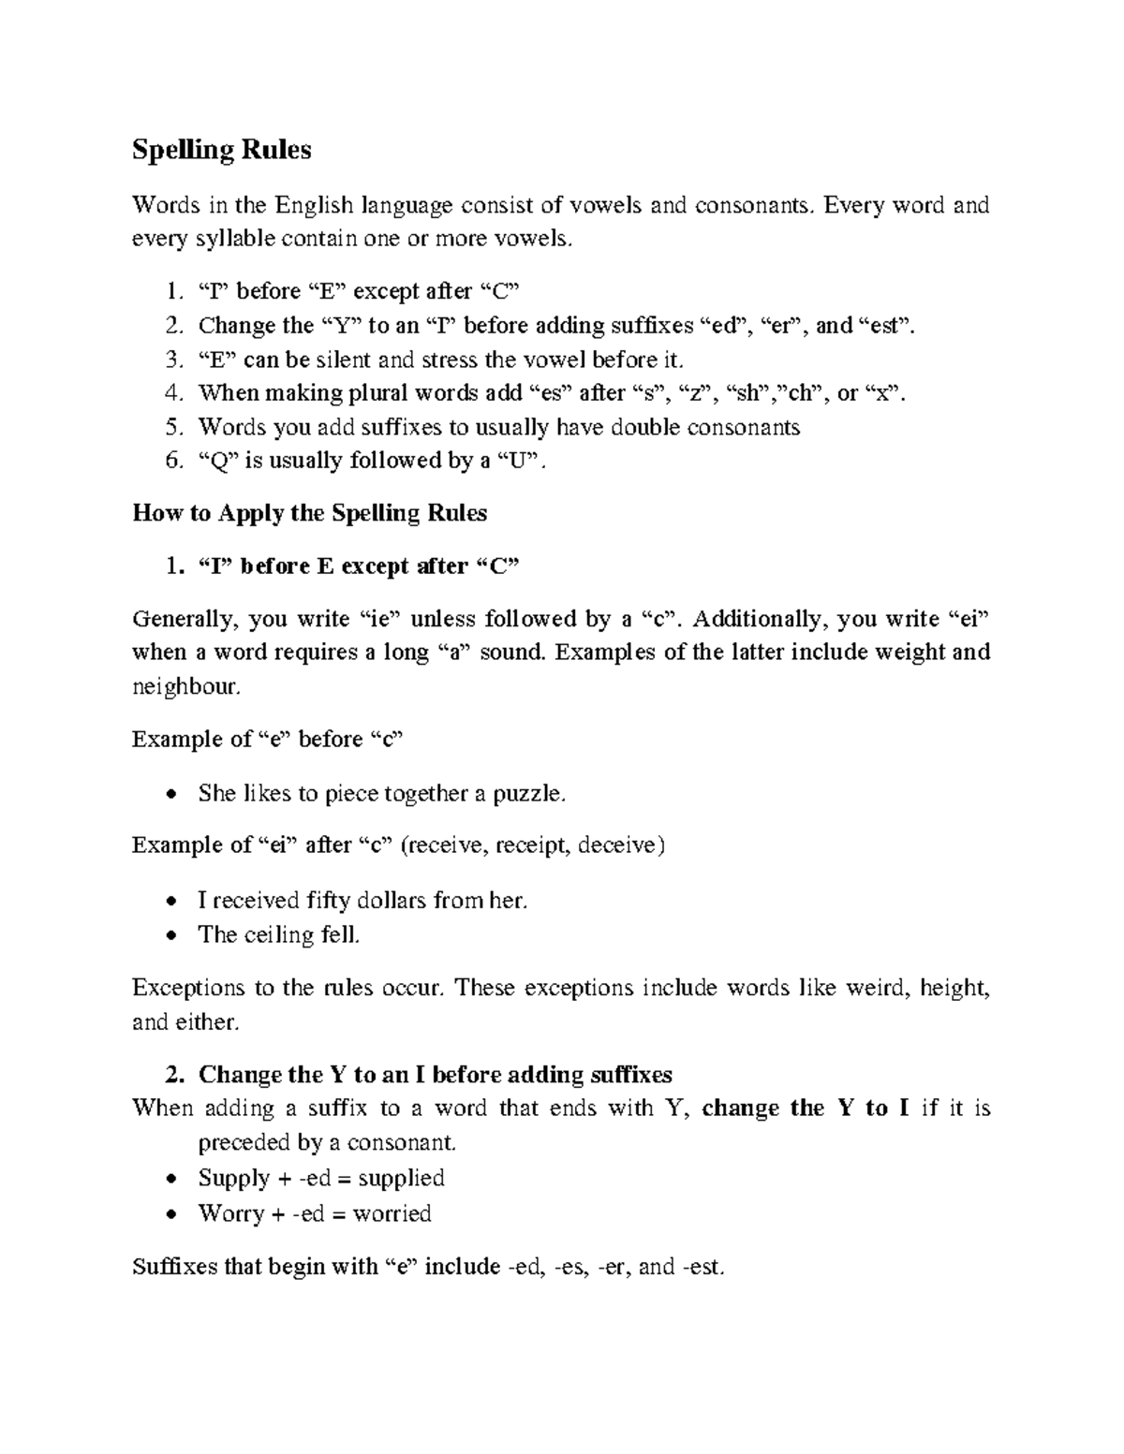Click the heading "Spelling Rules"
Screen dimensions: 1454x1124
coord(222,150)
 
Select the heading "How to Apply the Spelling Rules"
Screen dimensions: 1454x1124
coord(310,513)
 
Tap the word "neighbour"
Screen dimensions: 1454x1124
coord(185,687)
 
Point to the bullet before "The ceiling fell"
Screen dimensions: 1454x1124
coord(170,935)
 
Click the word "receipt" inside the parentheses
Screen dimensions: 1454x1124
coord(533,845)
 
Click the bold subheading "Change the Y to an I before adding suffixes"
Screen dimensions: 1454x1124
coord(436,1075)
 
